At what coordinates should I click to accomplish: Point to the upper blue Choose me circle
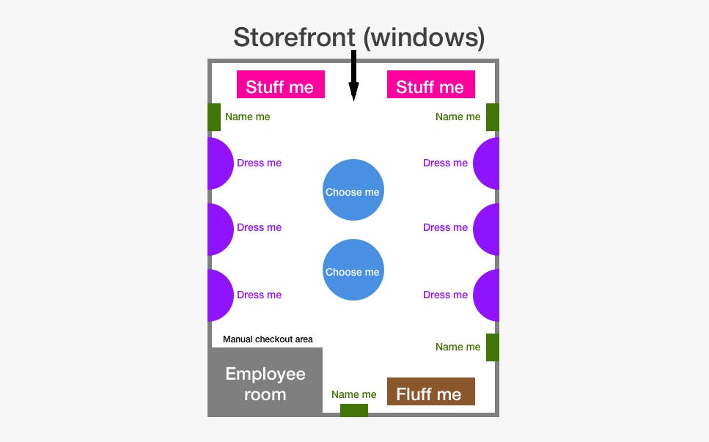coord(353,190)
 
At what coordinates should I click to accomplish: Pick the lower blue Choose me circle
coord(353,270)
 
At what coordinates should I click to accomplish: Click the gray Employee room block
coord(265,383)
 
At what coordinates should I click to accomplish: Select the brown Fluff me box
coord(430,392)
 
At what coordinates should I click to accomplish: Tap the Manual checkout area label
coord(268,339)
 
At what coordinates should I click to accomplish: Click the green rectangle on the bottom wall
coord(354,410)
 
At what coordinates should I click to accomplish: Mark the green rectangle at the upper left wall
coord(214,117)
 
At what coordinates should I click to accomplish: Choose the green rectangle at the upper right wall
coord(493,117)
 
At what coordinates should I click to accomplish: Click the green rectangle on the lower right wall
coord(493,347)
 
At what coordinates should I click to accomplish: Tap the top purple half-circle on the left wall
coord(219,163)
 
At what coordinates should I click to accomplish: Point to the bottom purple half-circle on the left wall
coord(219,295)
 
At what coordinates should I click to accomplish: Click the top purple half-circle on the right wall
coord(487,163)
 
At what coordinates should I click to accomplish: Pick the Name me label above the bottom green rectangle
coord(354,394)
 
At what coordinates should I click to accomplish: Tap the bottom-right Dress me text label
coord(445,295)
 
